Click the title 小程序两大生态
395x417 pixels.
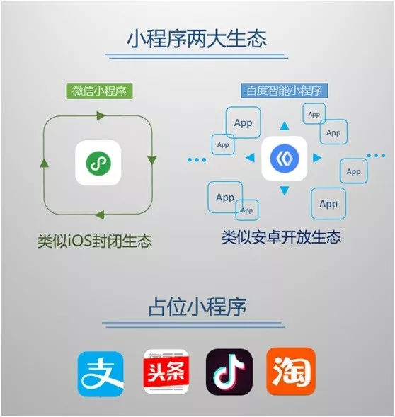coord(196,39)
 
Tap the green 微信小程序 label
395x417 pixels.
coord(99,91)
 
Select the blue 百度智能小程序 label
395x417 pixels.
coord(284,91)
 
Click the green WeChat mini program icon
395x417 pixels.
coord(98,163)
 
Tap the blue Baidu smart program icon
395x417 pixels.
coord(285,159)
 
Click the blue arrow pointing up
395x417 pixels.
coord(285,126)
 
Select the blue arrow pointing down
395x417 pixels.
coord(285,190)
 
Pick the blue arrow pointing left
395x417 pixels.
coord(250,158)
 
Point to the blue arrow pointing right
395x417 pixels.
coord(317,158)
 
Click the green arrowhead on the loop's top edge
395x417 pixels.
coord(101,115)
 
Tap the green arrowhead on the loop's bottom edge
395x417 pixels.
coord(100,215)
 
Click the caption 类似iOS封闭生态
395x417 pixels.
coord(95,241)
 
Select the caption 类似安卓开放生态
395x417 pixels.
coord(281,237)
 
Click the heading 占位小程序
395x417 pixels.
coord(197,307)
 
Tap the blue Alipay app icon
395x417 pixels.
coord(101,374)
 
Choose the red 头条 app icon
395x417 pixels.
coord(166,372)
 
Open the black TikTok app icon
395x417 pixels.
coord(229,372)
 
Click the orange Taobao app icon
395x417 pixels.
coord(291,371)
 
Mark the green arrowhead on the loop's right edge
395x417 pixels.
coord(152,161)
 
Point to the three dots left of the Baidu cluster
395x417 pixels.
coord(197,160)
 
